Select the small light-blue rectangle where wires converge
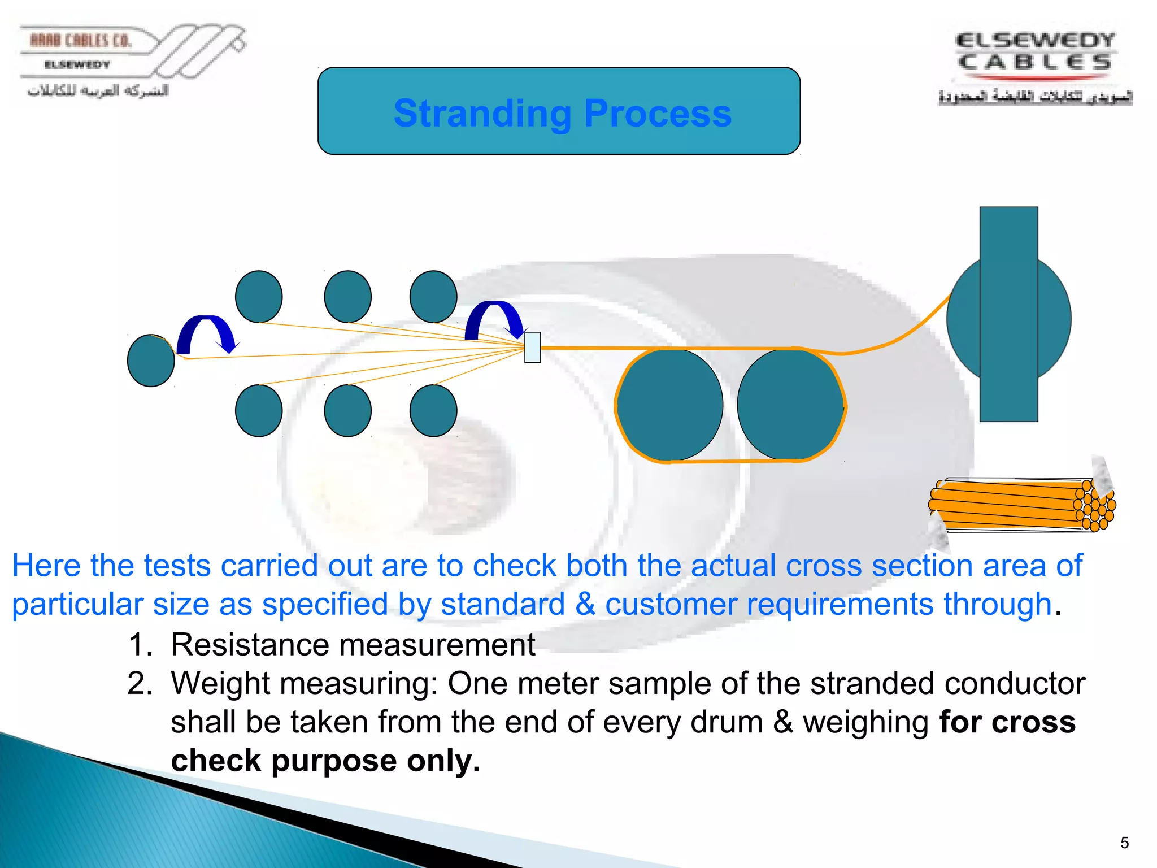(532, 347)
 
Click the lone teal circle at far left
(151, 361)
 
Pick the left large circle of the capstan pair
(670, 405)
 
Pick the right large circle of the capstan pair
(790, 405)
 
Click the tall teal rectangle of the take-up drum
(1008, 314)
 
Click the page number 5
(1124, 843)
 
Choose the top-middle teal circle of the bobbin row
(347, 297)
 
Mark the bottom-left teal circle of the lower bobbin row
(259, 411)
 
